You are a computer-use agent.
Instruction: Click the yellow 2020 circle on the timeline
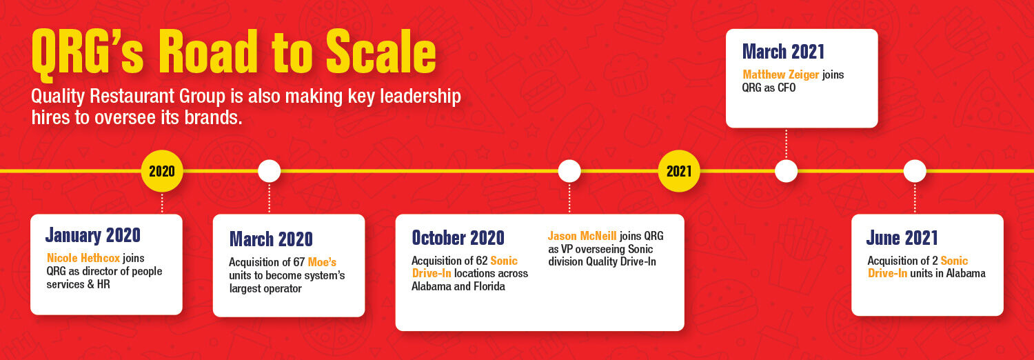click(162, 171)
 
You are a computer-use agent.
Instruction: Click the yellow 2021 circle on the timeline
click(679, 171)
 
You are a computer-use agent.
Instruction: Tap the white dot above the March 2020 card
click(269, 171)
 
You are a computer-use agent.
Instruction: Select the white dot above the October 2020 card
click(569, 171)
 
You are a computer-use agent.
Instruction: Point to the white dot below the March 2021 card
click(786, 171)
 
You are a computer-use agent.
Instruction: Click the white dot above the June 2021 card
click(915, 171)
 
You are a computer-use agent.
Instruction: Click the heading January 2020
click(93, 235)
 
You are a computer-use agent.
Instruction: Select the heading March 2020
click(271, 239)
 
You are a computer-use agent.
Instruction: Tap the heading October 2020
click(458, 238)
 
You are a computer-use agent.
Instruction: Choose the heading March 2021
click(783, 51)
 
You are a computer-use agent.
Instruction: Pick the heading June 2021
click(902, 238)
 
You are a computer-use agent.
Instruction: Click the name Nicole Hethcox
click(83, 258)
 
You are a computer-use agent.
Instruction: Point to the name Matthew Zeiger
click(780, 74)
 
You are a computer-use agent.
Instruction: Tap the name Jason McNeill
click(582, 236)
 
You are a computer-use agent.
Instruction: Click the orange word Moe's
click(322, 262)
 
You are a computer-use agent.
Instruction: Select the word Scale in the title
click(381, 52)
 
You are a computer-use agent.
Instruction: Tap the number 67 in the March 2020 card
click(299, 262)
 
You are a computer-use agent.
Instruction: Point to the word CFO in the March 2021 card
click(787, 88)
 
